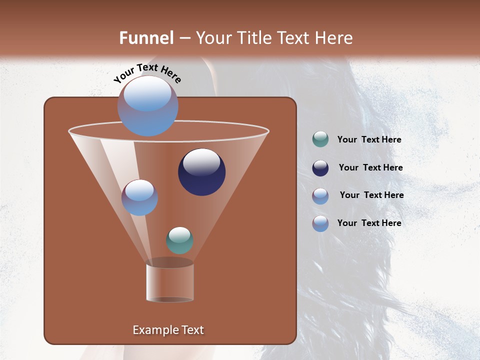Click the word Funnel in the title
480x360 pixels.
[146, 38]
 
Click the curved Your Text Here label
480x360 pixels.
[147, 73]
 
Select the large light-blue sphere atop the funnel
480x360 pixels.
[147, 106]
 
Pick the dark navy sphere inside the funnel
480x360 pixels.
[201, 171]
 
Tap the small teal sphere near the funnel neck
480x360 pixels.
[179, 240]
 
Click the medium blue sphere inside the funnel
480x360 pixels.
[139, 197]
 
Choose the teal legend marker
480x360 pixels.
[320, 139]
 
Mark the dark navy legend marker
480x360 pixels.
[320, 168]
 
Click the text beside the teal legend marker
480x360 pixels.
[369, 140]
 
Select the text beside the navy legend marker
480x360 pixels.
[370, 168]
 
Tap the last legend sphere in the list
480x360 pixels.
[320, 223]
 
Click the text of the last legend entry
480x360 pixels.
[369, 223]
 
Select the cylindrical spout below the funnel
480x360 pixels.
[169, 282]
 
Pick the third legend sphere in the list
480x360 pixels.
[320, 196]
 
